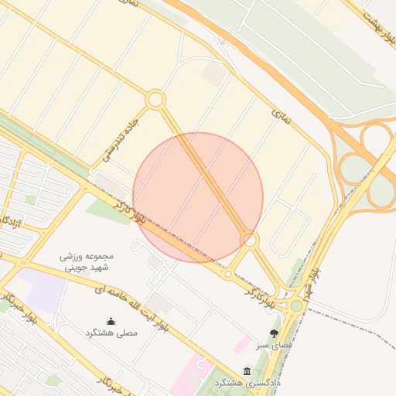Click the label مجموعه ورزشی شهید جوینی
(87, 262)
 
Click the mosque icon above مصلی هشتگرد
(111, 321)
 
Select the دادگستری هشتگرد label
(247, 383)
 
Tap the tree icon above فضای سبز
(274, 332)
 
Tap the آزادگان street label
(12, 225)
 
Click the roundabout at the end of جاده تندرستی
(155, 100)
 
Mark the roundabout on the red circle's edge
(249, 240)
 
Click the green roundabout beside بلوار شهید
(296, 306)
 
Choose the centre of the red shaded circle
(198, 197)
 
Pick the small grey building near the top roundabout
(214, 73)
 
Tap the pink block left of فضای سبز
(243, 345)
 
